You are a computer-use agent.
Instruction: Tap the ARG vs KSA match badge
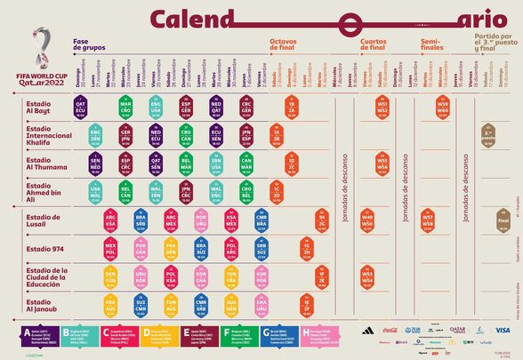click(110, 221)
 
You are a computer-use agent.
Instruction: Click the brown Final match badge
click(503, 222)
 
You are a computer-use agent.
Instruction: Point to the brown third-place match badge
click(487, 136)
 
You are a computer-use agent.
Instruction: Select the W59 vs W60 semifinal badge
click(443, 108)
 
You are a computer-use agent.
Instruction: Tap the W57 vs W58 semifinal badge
click(428, 221)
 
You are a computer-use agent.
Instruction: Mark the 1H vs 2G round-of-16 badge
click(322, 221)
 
